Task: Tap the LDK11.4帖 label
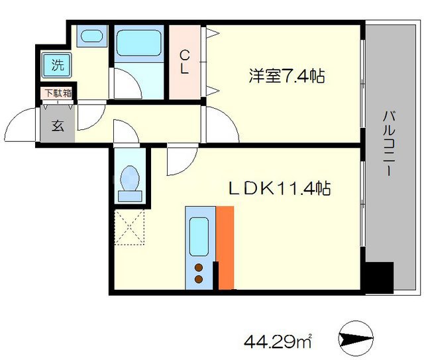pyautogui.click(x=280, y=189)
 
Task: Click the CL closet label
pyautogui.click(x=185, y=61)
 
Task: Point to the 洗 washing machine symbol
pyautogui.click(x=58, y=65)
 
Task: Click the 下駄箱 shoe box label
pyautogui.click(x=58, y=93)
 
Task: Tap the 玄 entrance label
pyautogui.click(x=58, y=125)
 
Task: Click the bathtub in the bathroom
pyautogui.click(x=140, y=46)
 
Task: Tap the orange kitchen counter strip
pyautogui.click(x=225, y=247)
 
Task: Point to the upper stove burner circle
pyautogui.click(x=198, y=268)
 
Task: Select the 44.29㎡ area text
pyautogui.click(x=278, y=342)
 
